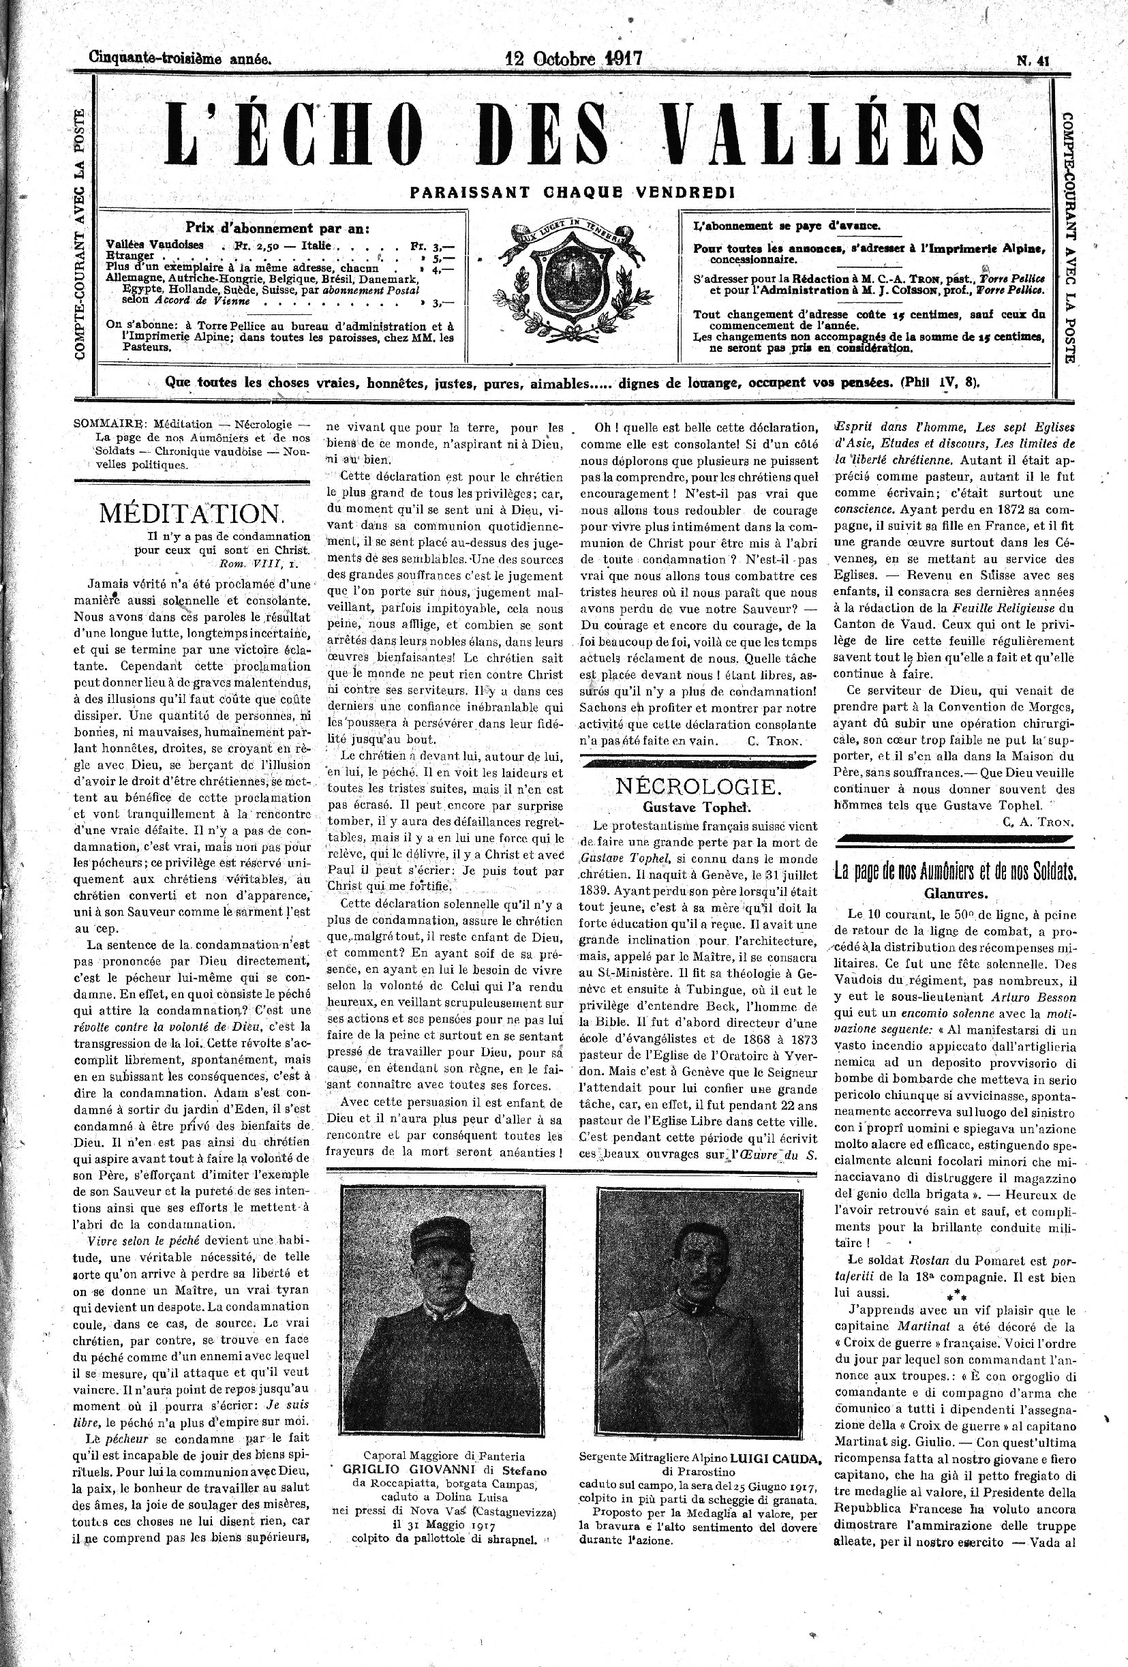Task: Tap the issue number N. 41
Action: (1033, 61)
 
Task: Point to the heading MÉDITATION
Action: (192, 513)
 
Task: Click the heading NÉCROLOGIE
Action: (697, 787)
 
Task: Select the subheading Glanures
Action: (954, 894)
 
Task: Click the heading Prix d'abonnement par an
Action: (277, 229)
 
